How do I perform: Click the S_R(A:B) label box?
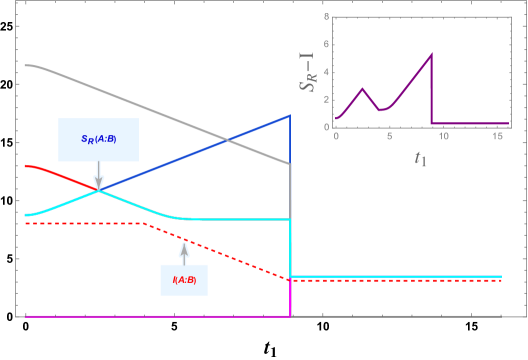tap(98, 139)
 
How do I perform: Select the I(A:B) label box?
tap(184, 279)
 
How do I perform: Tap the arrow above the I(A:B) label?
tap(184, 251)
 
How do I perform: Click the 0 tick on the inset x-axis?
tap(337, 134)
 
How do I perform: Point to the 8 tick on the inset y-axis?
tap(326, 17)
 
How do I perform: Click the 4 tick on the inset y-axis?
tap(326, 72)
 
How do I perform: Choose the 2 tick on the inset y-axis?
tap(326, 100)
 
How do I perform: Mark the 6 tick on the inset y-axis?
tap(326, 45)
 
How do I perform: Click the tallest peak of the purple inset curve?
tap(432, 54)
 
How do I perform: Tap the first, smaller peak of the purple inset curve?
tap(364, 89)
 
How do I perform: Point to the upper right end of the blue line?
tap(289, 115)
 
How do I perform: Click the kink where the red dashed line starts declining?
tap(143, 224)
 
